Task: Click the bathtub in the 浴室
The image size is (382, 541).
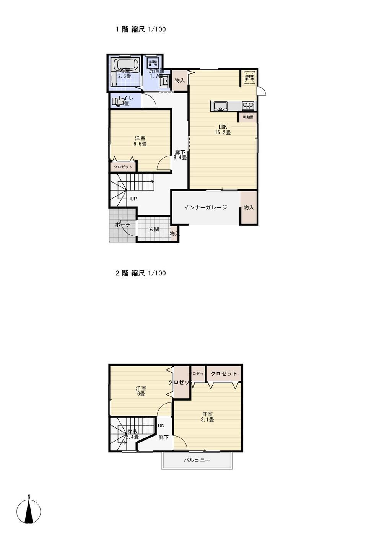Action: click(124, 65)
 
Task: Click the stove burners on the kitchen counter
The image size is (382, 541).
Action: click(248, 106)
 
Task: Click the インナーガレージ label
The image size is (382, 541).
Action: click(205, 207)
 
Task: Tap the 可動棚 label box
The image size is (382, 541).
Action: click(248, 117)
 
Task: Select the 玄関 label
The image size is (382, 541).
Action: click(154, 230)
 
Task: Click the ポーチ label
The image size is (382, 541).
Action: click(123, 225)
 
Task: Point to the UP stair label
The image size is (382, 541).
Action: click(133, 199)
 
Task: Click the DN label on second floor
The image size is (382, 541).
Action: click(161, 425)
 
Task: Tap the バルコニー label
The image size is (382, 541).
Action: click(197, 460)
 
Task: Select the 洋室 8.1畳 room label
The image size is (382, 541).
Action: click(208, 417)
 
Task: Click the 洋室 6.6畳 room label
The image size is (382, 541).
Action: click(140, 141)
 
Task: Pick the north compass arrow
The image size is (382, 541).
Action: click(29, 511)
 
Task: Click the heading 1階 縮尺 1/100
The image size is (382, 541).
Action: click(141, 29)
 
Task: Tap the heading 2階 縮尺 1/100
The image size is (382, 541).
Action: click(141, 273)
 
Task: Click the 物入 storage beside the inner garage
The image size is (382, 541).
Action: click(249, 207)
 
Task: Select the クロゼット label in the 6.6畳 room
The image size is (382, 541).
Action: click(123, 167)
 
